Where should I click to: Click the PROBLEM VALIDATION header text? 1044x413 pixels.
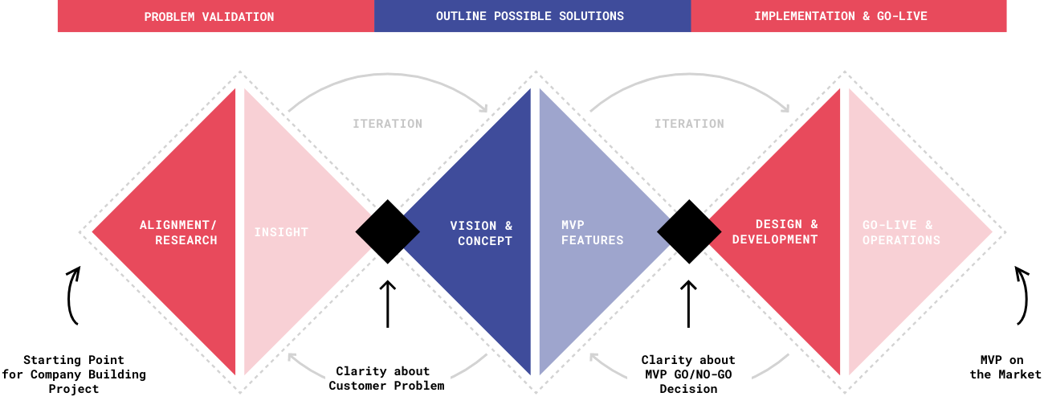pyautogui.click(x=209, y=17)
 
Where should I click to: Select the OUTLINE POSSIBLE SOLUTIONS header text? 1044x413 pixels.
pyautogui.click(x=530, y=16)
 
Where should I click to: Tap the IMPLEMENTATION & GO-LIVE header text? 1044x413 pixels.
pyautogui.click(x=841, y=16)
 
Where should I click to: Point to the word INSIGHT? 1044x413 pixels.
pyautogui.click(x=281, y=232)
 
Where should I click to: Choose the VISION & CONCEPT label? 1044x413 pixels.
pyautogui.click(x=482, y=233)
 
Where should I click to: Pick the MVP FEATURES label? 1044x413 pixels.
pyautogui.click(x=593, y=232)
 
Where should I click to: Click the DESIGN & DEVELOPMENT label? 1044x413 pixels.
pyautogui.click(x=775, y=231)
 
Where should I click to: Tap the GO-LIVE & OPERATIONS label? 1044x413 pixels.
pyautogui.click(x=901, y=232)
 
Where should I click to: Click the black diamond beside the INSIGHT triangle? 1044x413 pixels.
pyautogui.click(x=388, y=231)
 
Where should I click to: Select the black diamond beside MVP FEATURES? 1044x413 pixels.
pyautogui.click(x=689, y=231)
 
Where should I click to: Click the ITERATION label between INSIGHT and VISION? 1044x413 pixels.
pyautogui.click(x=387, y=124)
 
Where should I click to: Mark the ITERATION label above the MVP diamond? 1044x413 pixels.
pyautogui.click(x=689, y=124)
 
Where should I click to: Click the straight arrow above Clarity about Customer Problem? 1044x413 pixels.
pyautogui.click(x=388, y=304)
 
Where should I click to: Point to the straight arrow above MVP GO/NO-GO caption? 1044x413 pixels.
pyautogui.click(x=689, y=304)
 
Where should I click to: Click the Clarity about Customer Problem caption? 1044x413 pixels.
pyautogui.click(x=386, y=378)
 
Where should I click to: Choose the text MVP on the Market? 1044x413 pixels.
pyautogui.click(x=1005, y=367)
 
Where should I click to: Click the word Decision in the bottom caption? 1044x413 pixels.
pyautogui.click(x=688, y=389)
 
